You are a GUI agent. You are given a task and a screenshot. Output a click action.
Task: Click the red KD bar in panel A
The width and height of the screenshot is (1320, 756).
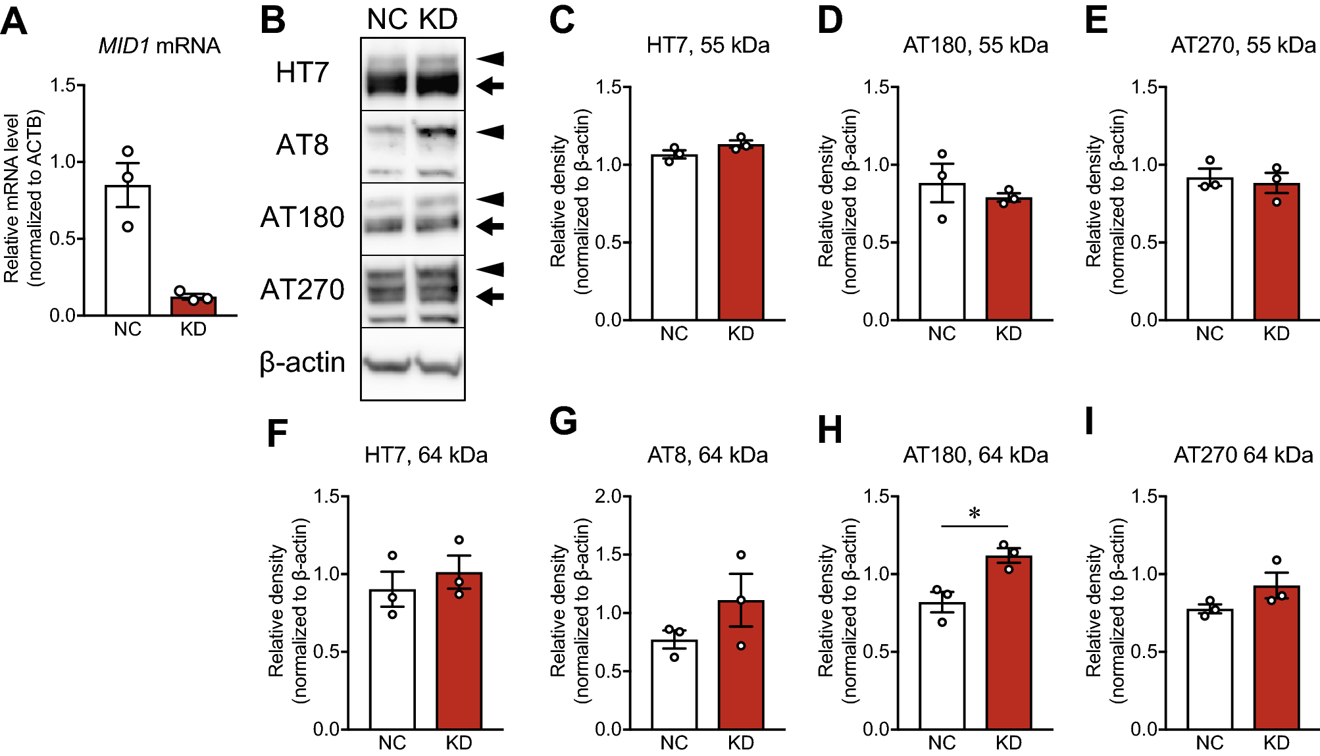[193, 306]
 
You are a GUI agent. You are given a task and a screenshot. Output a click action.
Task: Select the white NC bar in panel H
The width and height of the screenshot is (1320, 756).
[942, 665]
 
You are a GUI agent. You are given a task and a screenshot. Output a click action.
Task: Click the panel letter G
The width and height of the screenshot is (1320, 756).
[563, 422]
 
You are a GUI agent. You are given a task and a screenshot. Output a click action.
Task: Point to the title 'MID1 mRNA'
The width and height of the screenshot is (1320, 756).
[159, 45]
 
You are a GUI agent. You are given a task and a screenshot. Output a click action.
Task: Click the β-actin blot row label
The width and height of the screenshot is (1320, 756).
[302, 363]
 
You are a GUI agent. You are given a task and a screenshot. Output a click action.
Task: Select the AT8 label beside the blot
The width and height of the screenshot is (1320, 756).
[302, 145]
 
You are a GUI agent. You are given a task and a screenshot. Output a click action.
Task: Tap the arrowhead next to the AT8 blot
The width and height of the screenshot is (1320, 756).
[490, 132]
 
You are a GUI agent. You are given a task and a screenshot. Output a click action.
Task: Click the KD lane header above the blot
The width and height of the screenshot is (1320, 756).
[438, 19]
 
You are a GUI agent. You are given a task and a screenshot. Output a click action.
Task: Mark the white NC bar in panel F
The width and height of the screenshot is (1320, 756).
[392, 659]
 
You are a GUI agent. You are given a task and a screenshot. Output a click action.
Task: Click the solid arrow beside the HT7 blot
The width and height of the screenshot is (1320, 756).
[490, 86]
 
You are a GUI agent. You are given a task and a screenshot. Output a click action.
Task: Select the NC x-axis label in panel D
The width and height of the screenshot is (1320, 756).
[942, 334]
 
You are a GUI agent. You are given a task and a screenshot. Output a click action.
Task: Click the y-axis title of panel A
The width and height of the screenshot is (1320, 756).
[22, 198]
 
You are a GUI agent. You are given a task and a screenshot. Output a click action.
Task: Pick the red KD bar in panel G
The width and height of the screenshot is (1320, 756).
[741, 665]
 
